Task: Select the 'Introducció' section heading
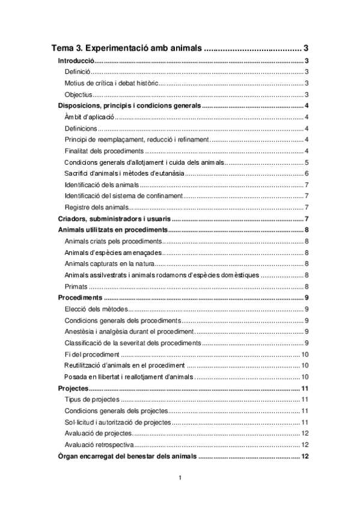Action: click(x=76, y=61)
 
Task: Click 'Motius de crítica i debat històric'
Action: click(x=111, y=83)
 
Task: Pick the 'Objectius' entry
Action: click(x=78, y=94)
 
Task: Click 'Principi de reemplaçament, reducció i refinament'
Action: click(x=136, y=140)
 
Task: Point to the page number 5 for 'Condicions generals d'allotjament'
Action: click(x=307, y=162)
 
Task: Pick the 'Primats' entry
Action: click(x=76, y=286)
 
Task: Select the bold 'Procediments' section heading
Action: click(x=79, y=298)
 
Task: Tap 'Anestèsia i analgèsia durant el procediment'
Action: click(x=128, y=331)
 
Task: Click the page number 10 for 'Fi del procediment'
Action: click(x=305, y=354)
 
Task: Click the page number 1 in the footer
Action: click(x=180, y=478)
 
